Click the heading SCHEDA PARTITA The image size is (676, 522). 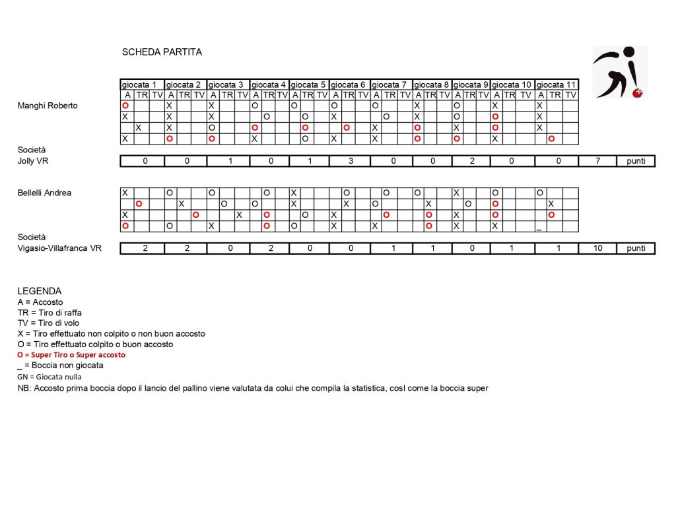(162, 52)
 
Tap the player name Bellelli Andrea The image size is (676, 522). (44, 193)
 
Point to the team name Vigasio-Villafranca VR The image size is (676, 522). (59, 249)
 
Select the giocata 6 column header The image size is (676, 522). (349, 84)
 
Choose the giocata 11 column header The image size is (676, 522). (556, 84)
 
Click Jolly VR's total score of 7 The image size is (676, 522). (597, 161)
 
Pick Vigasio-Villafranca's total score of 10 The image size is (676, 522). (597, 249)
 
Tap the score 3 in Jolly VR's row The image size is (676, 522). (349, 161)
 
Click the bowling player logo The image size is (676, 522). (619, 71)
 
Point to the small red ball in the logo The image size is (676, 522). (637, 93)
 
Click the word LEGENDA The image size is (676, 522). (40, 291)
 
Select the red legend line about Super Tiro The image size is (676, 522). (71, 355)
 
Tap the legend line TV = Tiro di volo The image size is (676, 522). (50, 323)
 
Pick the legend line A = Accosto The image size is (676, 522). (40, 302)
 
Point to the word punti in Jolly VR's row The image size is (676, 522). (636, 161)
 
